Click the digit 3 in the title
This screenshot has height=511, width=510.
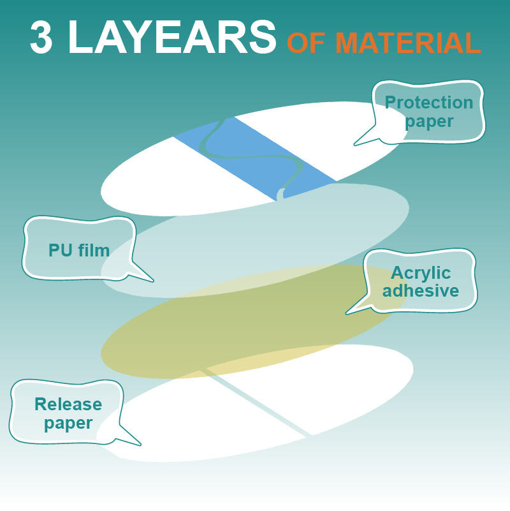tap(41, 37)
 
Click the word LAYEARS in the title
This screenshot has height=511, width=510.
tap(172, 37)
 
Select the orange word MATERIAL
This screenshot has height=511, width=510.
tap(408, 43)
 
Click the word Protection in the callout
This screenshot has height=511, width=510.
tap(429, 102)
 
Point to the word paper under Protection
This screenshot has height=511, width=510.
tap(429, 122)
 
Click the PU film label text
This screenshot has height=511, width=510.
tap(79, 250)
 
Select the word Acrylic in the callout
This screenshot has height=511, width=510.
tap(421, 273)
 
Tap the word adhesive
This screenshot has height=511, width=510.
tap(421, 290)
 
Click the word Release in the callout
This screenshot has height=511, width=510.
tap(68, 404)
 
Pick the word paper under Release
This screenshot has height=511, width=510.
tap(68, 424)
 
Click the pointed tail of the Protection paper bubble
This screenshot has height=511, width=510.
tap(355, 144)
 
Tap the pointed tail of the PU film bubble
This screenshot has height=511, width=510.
tap(152, 280)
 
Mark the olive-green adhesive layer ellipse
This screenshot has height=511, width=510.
tap(254, 322)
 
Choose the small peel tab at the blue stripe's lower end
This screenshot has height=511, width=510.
tap(280, 194)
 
